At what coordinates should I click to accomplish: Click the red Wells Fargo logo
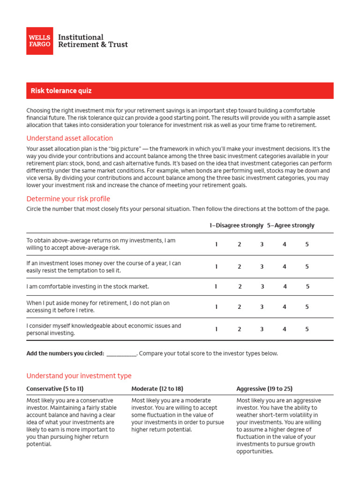point(39,41)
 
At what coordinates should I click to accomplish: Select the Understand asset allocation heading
point(69,138)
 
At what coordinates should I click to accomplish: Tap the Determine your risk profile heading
point(68,198)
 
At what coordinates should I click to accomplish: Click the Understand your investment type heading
point(79,376)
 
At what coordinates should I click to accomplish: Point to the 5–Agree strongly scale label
point(291,225)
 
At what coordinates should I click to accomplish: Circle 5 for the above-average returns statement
point(307,244)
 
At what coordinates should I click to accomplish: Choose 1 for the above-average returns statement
point(216,244)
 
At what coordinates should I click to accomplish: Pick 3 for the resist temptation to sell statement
point(262,267)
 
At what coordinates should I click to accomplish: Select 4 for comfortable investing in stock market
point(285,286)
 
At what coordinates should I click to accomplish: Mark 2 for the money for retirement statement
point(239,307)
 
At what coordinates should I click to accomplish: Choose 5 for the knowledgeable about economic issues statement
point(307,330)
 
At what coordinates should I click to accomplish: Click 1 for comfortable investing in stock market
point(216,286)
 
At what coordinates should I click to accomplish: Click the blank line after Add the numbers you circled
point(121,354)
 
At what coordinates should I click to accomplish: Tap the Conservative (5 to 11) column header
point(55,389)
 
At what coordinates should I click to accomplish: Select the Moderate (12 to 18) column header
point(157,389)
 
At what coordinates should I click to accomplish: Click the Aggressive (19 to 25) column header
point(265,389)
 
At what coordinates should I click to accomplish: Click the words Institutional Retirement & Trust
point(92,41)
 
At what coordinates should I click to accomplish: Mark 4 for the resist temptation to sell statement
point(285,267)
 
